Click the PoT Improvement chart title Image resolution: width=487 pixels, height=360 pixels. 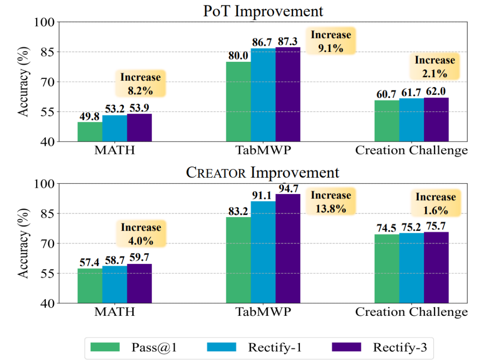[263, 11]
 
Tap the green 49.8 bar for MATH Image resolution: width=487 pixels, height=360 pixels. [90, 132]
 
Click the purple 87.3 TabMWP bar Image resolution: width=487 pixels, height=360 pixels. [288, 94]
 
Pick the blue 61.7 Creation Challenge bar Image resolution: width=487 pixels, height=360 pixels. [411, 120]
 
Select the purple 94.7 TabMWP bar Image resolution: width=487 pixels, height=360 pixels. [288, 248]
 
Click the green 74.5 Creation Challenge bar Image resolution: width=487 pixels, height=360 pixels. [386, 268]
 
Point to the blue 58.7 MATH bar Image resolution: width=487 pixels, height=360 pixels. [115, 284]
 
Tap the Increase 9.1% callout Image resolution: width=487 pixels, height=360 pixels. [331, 41]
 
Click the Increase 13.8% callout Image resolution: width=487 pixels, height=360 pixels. [331, 202]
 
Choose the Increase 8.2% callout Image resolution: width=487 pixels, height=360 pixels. [140, 83]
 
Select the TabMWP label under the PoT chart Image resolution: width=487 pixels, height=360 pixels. [263, 150]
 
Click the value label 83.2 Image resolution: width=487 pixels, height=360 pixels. [238, 211]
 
